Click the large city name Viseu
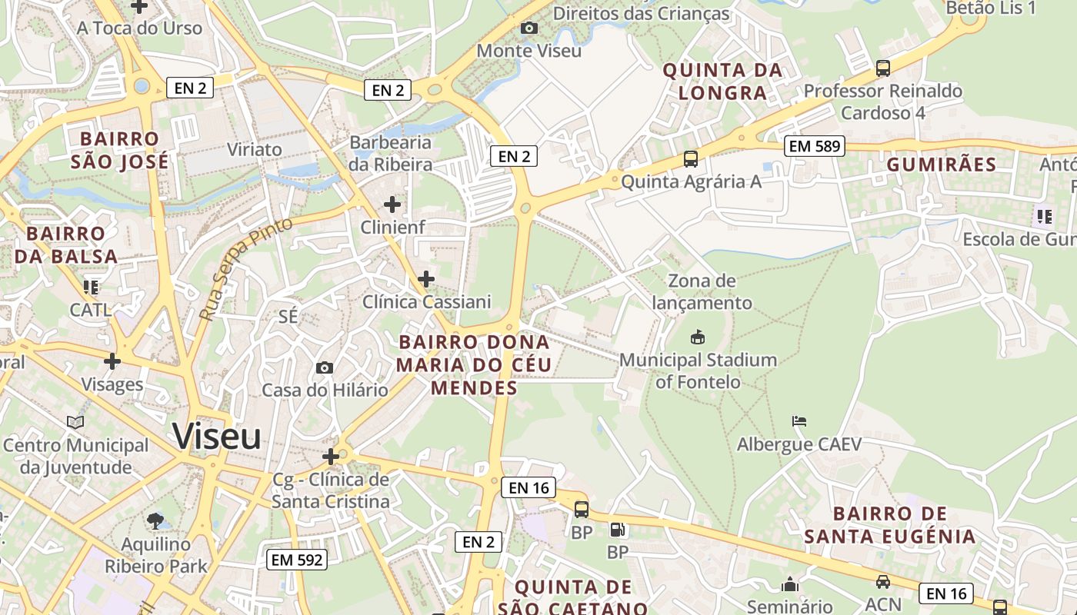coord(217,436)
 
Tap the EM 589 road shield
coord(815,146)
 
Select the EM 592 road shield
coord(297,560)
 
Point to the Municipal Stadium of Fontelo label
coord(698,371)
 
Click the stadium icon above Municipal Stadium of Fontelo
coord(698,337)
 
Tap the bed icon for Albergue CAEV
coord(799,421)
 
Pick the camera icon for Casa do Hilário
coord(325,367)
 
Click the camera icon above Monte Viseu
coord(528,28)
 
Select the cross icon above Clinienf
coord(392,204)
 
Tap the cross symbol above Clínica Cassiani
coord(425,279)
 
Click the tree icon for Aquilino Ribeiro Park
coord(155,520)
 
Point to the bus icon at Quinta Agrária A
coord(691,159)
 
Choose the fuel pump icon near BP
coord(617,530)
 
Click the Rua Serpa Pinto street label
coord(245,269)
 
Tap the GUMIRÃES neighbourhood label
coord(941,165)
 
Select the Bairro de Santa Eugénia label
coord(890,525)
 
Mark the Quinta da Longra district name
coord(722,81)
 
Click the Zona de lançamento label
coord(702,292)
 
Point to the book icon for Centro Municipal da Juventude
coord(75,422)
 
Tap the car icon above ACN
coord(882,582)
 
